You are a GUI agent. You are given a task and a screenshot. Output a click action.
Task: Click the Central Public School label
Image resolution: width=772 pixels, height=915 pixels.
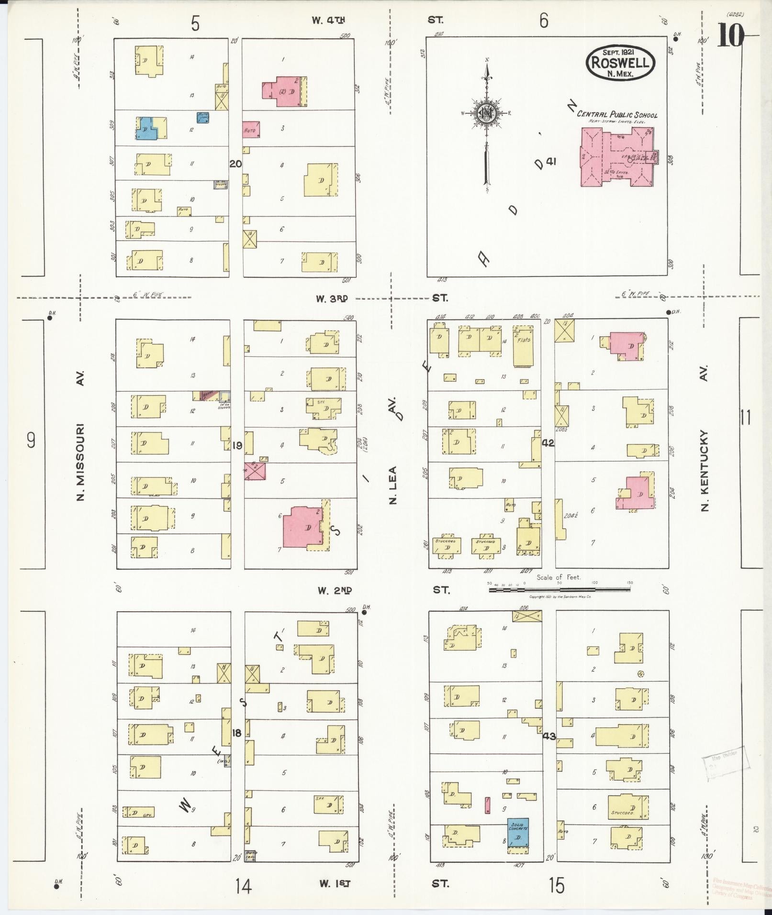pos(617,115)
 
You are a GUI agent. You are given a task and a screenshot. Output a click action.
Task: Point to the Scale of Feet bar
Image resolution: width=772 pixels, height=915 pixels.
pos(559,590)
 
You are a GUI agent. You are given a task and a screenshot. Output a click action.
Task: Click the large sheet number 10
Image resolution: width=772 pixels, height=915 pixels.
pos(730,35)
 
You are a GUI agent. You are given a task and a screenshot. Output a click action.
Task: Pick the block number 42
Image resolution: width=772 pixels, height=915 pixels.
pos(548,443)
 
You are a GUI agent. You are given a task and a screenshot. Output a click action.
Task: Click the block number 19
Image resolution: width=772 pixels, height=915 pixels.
pos(237,446)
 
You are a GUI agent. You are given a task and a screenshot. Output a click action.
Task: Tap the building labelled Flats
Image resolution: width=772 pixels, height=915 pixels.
pos(523,346)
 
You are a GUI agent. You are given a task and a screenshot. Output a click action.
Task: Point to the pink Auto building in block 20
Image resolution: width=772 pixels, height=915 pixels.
pos(250,130)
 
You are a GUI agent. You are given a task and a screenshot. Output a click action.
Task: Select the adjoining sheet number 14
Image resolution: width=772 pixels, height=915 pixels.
pos(243,886)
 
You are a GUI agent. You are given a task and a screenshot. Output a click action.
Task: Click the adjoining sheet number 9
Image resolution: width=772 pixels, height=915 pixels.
pos(31,439)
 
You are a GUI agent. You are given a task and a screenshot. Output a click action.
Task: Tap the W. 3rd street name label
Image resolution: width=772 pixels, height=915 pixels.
pos(331,298)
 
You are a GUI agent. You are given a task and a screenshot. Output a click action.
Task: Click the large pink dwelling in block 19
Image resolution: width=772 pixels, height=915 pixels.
pos(303,527)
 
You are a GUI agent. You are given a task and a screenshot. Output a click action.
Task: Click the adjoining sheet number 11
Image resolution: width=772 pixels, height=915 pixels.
pos(745,418)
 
